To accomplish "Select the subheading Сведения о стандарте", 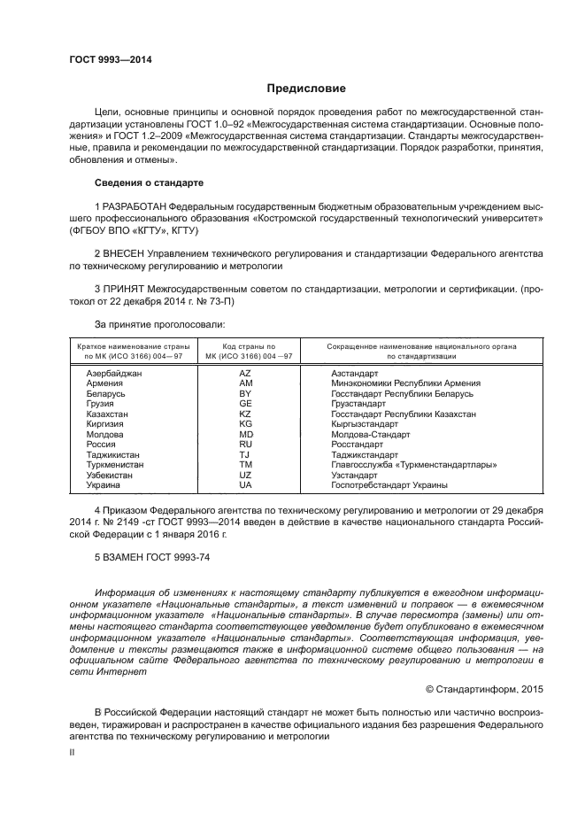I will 149,182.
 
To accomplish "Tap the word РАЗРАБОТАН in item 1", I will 135,205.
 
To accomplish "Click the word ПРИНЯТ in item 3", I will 124,290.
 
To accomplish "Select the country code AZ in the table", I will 245,374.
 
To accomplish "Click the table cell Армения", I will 104,383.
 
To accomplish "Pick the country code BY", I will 245,393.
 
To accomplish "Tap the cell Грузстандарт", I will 358,404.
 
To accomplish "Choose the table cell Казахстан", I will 107,414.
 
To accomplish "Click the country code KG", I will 245,424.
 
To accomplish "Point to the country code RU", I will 245,445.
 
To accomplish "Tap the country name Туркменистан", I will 115,465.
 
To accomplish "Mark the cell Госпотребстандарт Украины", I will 389,485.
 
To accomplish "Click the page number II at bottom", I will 73,751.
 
